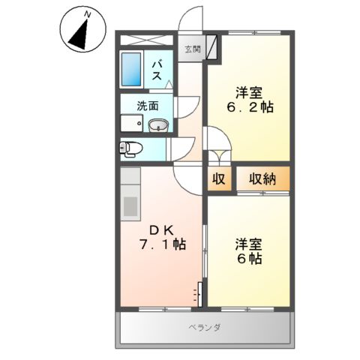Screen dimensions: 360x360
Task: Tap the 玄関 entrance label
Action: point(193,49)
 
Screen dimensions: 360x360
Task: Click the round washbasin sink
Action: point(157,125)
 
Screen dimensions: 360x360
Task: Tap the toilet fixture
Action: point(129,148)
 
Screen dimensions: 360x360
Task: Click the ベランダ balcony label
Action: point(203,327)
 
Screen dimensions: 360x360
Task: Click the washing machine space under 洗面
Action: point(133,124)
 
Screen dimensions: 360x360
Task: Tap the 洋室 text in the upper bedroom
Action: point(248,92)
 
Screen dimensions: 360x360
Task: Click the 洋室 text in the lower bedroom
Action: point(248,244)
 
